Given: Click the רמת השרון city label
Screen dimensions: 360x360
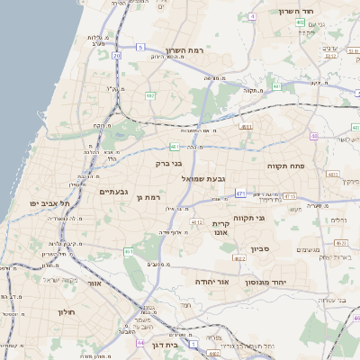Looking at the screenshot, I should [186, 50].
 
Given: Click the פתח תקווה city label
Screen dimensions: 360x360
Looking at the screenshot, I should [286, 166].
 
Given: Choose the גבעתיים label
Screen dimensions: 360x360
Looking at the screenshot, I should [117, 191].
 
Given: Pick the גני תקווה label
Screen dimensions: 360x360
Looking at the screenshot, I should [248, 218].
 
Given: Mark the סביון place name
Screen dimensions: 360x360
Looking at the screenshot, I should [260, 248].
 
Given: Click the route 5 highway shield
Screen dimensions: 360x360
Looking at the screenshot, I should [140, 46].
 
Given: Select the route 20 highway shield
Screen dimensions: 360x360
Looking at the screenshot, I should [117, 55].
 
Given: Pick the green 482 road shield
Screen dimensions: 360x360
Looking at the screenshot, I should [150, 94].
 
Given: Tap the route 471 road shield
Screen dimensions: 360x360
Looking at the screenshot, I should [240, 193].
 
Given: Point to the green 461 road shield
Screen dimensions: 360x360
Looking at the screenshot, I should [129, 251].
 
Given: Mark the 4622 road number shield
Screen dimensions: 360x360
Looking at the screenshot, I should [238, 258].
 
